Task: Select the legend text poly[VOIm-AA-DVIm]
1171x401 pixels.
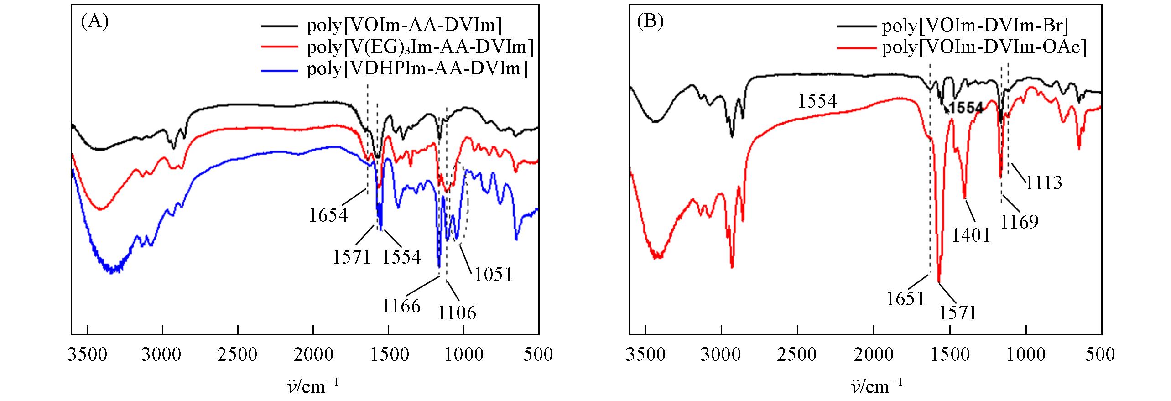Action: (404, 26)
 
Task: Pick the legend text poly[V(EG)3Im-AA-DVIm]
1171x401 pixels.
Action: (420, 47)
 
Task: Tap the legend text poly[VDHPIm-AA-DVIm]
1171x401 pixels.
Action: (417, 69)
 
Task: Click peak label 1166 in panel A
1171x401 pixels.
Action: (401, 306)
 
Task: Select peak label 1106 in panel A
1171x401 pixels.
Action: (457, 313)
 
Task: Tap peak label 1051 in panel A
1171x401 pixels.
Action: (494, 275)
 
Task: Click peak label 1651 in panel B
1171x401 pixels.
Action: (906, 299)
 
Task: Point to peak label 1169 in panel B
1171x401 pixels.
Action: (1020, 222)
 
